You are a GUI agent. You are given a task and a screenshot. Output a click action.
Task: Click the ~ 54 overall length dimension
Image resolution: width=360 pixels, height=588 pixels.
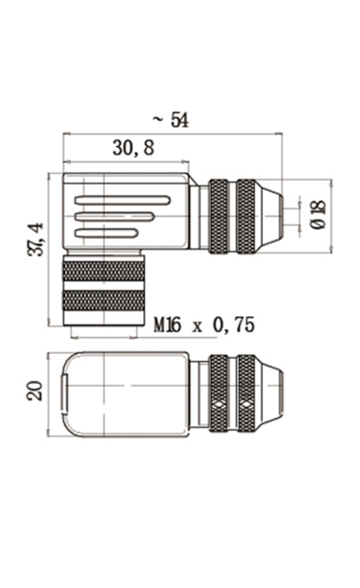point(171,120)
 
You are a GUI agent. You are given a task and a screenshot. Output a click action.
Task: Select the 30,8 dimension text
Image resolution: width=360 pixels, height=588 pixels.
point(133,148)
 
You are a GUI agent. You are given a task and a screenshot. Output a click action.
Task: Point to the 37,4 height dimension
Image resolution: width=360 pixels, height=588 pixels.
point(36,239)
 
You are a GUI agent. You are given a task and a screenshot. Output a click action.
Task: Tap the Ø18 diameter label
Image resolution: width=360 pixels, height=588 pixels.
point(319,215)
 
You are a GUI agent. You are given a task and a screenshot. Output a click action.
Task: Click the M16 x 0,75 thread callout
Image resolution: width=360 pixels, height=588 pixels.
point(205,324)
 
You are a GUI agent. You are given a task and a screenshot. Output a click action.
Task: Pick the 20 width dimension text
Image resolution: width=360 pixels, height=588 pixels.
point(35,391)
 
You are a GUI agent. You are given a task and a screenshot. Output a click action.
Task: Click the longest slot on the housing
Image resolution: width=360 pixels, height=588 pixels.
point(123,200)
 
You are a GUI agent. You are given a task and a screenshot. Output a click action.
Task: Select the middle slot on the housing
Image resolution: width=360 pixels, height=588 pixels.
point(115,217)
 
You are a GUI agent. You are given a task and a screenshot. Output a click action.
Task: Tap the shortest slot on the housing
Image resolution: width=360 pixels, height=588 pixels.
point(107,233)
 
